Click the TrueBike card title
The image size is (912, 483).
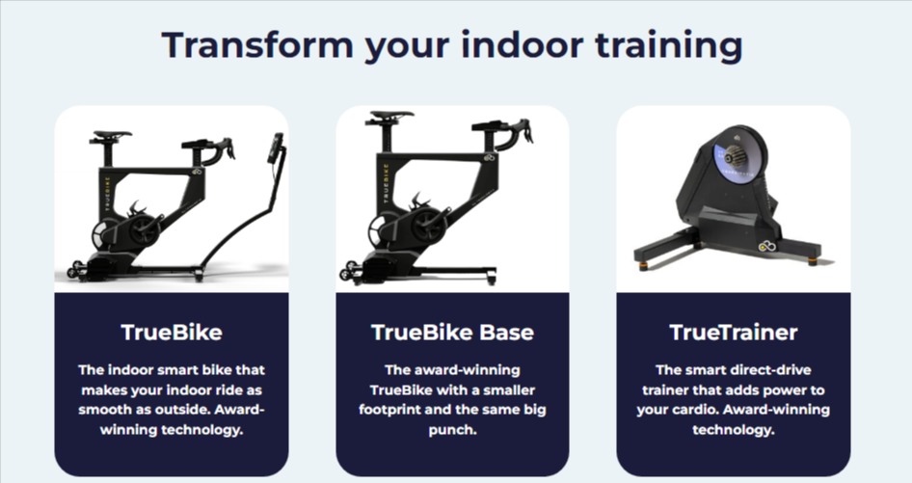pos(172,333)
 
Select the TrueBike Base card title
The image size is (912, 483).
pos(452,333)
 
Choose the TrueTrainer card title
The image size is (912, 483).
pos(733,333)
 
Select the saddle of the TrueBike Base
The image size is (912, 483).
pos(390,114)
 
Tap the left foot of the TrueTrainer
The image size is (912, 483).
pos(641,258)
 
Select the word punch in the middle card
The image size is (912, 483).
pos(452,428)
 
